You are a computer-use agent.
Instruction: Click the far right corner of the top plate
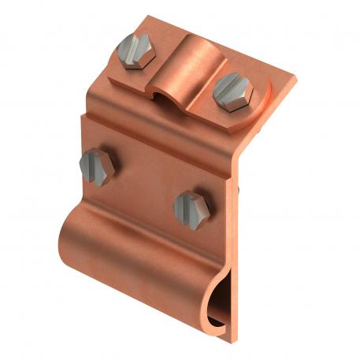pyautogui.click(x=297, y=79)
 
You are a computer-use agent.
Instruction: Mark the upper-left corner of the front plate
pyautogui.click(x=82, y=116)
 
